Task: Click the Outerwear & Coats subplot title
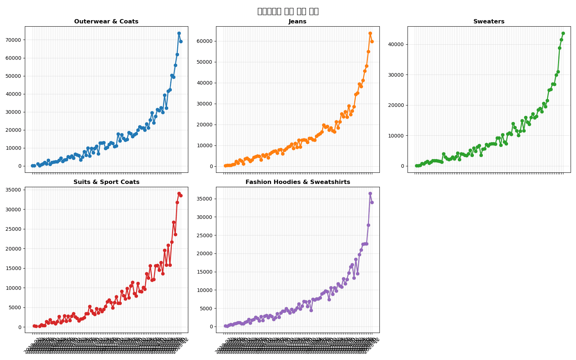click(106, 22)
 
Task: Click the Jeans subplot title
click(297, 22)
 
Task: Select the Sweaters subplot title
click(489, 22)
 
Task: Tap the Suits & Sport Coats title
click(106, 182)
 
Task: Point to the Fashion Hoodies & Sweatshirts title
click(297, 182)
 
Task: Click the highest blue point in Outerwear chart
click(179, 33)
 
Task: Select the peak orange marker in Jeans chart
click(370, 33)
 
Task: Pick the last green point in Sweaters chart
click(563, 33)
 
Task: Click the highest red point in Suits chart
click(179, 194)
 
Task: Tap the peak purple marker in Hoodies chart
click(370, 194)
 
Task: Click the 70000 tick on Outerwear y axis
click(14, 40)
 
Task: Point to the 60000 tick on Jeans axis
click(206, 41)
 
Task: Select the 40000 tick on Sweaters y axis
click(397, 44)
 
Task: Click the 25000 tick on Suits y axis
click(14, 229)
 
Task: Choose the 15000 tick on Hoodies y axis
click(206, 272)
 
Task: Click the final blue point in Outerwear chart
click(181, 41)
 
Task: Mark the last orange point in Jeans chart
click(372, 41)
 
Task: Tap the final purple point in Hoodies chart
click(372, 202)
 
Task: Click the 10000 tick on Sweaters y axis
click(397, 136)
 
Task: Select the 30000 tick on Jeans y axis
click(206, 104)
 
